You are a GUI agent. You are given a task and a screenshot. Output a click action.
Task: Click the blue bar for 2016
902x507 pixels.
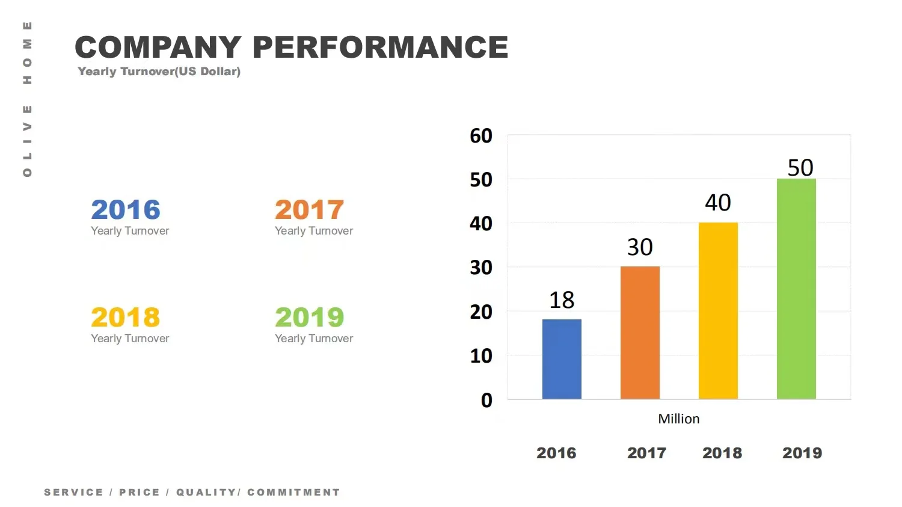pyautogui.click(x=562, y=359)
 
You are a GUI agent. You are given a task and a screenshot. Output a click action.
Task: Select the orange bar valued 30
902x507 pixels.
pyautogui.click(x=640, y=333)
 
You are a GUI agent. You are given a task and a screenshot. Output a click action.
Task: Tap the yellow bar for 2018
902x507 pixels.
pyautogui.click(x=718, y=310)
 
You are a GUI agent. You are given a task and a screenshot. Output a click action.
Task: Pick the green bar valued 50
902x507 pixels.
pyautogui.click(x=796, y=289)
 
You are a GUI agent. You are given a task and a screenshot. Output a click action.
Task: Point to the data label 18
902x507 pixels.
pyautogui.click(x=562, y=300)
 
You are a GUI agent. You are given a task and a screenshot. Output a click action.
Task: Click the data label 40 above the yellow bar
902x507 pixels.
pyautogui.click(x=718, y=203)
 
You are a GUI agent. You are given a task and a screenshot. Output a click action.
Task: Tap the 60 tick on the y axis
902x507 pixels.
pyautogui.click(x=481, y=136)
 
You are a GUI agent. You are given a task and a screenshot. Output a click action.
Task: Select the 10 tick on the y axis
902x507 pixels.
pyautogui.click(x=481, y=356)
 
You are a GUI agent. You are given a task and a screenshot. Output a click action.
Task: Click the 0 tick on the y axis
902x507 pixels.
pyautogui.click(x=486, y=401)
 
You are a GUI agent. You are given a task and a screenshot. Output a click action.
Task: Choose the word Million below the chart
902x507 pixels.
pyautogui.click(x=678, y=419)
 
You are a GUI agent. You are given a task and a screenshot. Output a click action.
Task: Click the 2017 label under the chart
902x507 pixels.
pyautogui.click(x=646, y=453)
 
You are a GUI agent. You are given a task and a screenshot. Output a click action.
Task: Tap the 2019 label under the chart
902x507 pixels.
pyautogui.click(x=802, y=453)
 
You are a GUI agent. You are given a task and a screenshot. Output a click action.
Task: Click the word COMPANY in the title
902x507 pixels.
pyautogui.click(x=158, y=48)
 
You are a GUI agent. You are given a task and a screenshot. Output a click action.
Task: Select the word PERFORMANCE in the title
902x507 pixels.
pyautogui.click(x=380, y=48)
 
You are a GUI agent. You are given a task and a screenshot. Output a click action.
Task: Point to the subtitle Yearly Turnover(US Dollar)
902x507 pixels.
pyautogui.click(x=159, y=72)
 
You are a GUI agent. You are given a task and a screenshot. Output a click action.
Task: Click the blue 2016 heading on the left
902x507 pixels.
pyautogui.click(x=126, y=210)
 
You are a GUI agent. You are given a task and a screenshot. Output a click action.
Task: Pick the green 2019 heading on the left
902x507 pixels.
pyautogui.click(x=309, y=318)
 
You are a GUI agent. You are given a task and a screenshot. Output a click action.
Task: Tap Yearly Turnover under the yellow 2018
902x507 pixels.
pyautogui.click(x=130, y=339)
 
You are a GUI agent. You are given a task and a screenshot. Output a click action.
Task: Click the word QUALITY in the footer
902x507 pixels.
pyautogui.click(x=206, y=493)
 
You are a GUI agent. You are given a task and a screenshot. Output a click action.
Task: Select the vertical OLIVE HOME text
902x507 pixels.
pyautogui.click(x=27, y=99)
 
